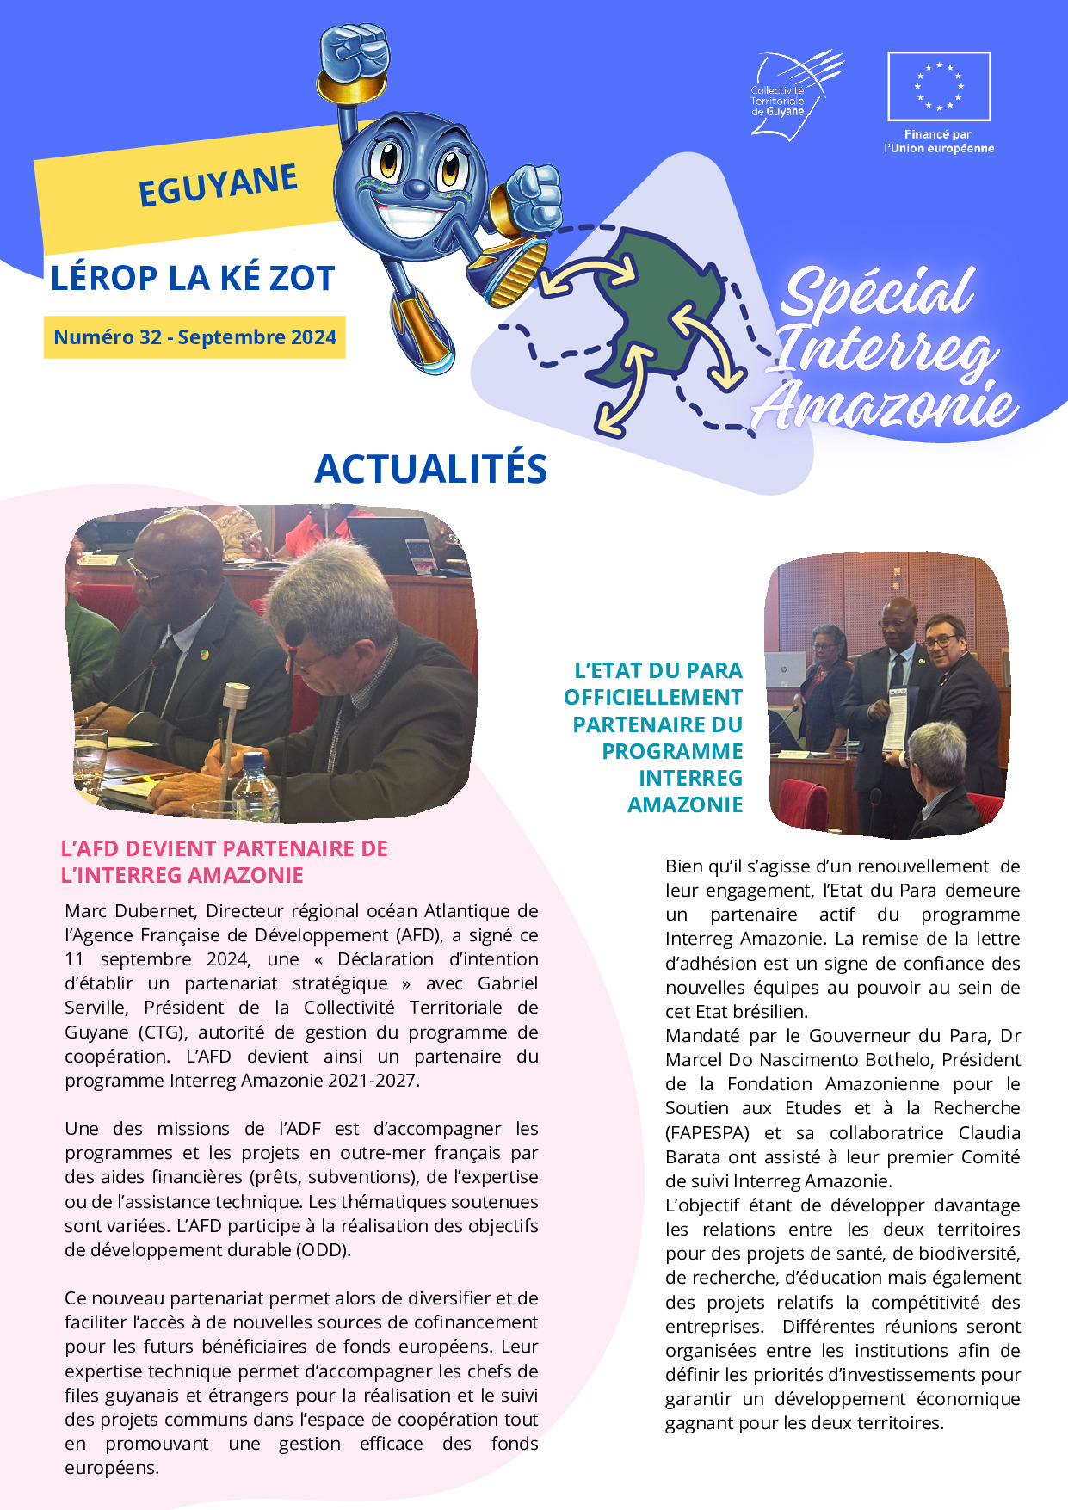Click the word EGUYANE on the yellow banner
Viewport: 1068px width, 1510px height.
click(218, 185)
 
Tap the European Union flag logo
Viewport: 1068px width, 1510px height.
click(939, 86)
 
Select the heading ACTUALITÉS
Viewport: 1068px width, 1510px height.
click(431, 469)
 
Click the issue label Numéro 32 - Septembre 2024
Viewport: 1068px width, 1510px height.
click(194, 337)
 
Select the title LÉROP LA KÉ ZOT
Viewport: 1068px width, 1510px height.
click(193, 279)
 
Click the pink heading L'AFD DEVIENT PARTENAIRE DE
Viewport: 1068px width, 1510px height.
click(224, 848)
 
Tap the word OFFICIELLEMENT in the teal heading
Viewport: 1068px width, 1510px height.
click(653, 697)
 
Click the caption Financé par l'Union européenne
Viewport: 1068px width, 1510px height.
click(938, 141)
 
